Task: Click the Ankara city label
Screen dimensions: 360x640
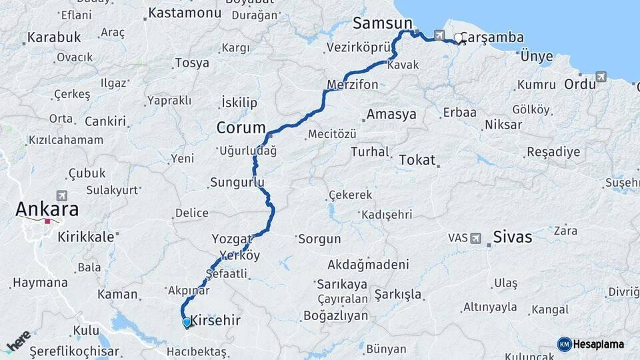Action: coord(47,209)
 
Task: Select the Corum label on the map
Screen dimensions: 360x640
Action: coord(241,127)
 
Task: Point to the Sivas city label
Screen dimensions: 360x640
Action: coord(513,237)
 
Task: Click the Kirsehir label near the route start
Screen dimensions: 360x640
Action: coord(215,320)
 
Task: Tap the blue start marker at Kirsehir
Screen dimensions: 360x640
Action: coord(186,323)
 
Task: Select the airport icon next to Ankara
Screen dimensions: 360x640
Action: coord(63,195)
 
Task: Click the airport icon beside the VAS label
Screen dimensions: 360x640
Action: coord(475,237)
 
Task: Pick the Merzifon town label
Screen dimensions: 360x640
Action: coord(353,85)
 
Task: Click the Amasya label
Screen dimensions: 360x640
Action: coord(391,114)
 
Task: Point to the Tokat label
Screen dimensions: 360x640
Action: coord(417,160)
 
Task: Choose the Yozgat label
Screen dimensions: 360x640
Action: coord(232,238)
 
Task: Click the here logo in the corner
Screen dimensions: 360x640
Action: coord(18,342)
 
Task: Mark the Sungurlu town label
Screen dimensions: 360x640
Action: coord(237,182)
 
